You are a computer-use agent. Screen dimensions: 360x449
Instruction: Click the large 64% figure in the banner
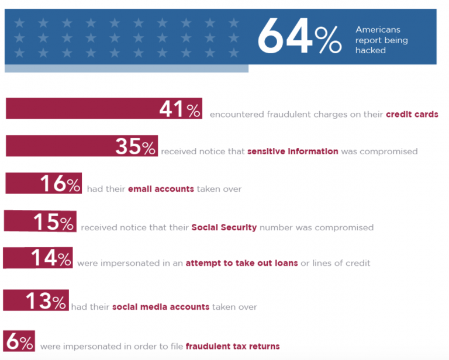299,37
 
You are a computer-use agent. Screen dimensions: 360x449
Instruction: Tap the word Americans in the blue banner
378,29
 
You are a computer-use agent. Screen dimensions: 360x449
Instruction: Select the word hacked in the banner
371,51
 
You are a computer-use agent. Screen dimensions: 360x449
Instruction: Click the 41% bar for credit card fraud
104,109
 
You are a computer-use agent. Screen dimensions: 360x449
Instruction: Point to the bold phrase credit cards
412,115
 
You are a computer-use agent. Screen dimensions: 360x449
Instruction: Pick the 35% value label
136,147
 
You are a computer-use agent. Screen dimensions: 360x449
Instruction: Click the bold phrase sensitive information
292,151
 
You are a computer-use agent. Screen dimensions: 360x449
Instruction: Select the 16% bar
44,184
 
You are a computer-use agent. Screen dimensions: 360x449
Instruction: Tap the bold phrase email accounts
161,189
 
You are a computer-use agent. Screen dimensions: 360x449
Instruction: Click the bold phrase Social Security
224,227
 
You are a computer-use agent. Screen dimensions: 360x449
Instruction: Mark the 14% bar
38,258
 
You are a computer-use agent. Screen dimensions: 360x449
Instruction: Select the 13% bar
36,300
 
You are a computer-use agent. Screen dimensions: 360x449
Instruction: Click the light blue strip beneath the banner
126,68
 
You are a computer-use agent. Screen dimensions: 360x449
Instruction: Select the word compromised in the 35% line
388,151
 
